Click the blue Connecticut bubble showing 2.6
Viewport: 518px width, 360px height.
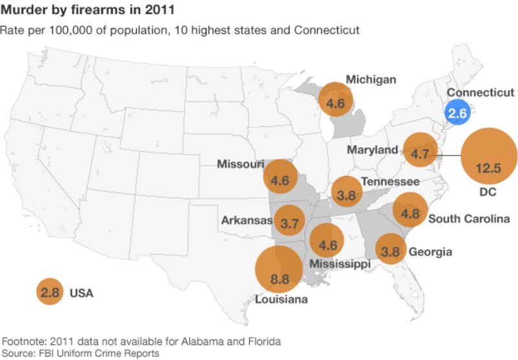point(458,113)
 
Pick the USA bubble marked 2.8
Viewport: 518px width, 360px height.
point(50,293)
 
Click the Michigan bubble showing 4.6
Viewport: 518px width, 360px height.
point(335,102)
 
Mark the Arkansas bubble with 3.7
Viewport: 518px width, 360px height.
point(289,223)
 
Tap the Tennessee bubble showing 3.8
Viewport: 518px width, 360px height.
point(346,192)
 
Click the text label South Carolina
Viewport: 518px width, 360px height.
point(469,218)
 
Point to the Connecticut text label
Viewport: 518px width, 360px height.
point(480,93)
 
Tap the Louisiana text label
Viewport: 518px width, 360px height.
point(281,299)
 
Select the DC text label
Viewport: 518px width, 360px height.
point(488,192)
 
